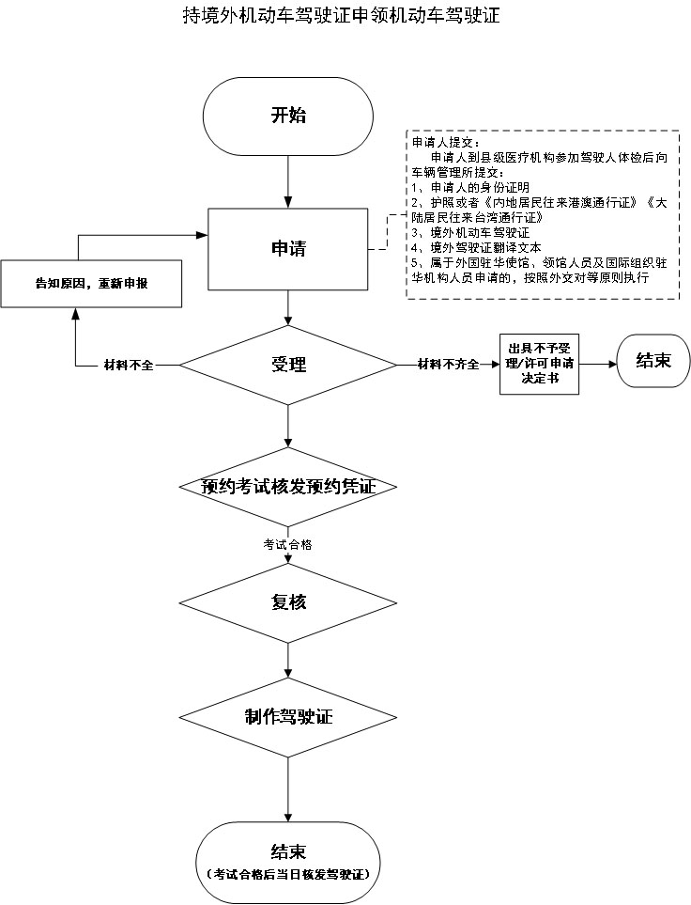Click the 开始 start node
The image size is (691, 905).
click(288, 117)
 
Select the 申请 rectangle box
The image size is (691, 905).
click(288, 249)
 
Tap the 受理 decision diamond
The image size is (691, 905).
click(288, 365)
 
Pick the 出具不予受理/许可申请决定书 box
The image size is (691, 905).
click(539, 363)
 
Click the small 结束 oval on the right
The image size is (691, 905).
click(653, 362)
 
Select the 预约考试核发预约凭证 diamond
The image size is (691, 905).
click(288, 486)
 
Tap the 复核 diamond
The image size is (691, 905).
click(288, 601)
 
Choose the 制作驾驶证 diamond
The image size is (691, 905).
click(288, 717)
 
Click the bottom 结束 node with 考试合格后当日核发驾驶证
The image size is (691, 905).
click(288, 860)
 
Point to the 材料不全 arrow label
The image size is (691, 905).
click(128, 365)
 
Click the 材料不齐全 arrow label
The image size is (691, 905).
click(448, 365)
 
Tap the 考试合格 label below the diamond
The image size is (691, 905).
click(288, 545)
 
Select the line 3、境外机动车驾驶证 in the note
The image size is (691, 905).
click(470, 232)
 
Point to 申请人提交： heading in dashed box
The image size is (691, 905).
click(446, 142)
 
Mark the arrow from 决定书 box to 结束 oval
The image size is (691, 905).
click(597, 363)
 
